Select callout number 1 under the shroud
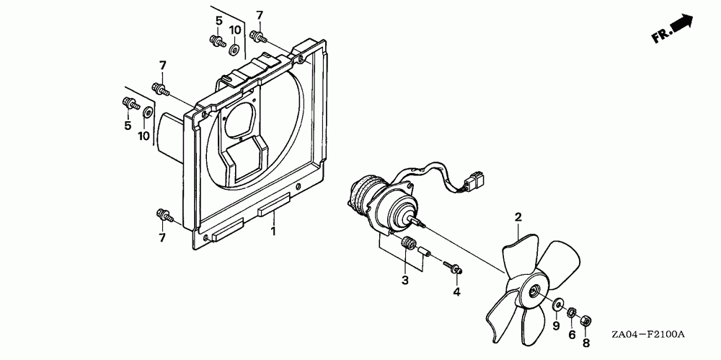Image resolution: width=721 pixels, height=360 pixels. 273,232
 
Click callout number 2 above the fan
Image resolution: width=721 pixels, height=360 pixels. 518,216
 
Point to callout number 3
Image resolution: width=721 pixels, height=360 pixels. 405,279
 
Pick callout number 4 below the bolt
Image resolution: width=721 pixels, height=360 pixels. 456,291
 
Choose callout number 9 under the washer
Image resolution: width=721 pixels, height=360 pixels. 555,326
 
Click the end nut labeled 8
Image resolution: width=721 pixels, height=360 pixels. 585,317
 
